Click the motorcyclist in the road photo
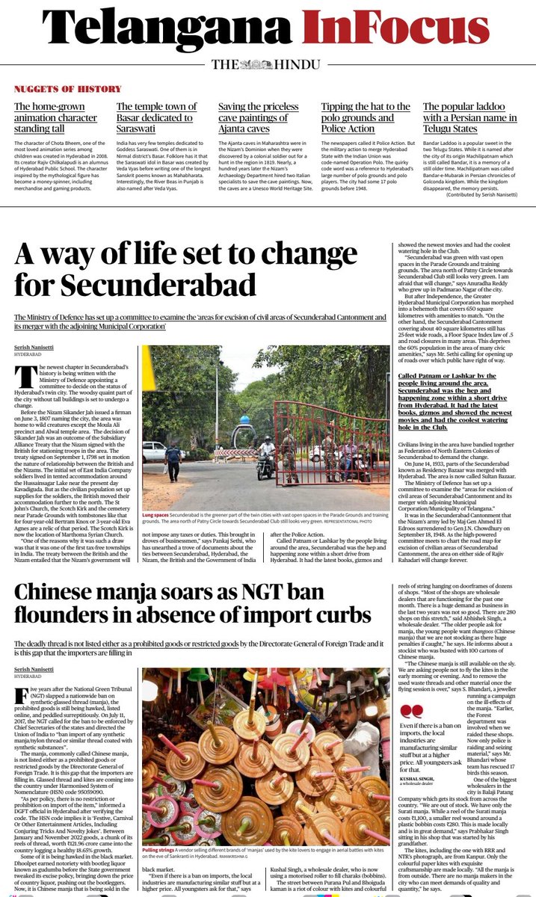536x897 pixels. tap(266, 457)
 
